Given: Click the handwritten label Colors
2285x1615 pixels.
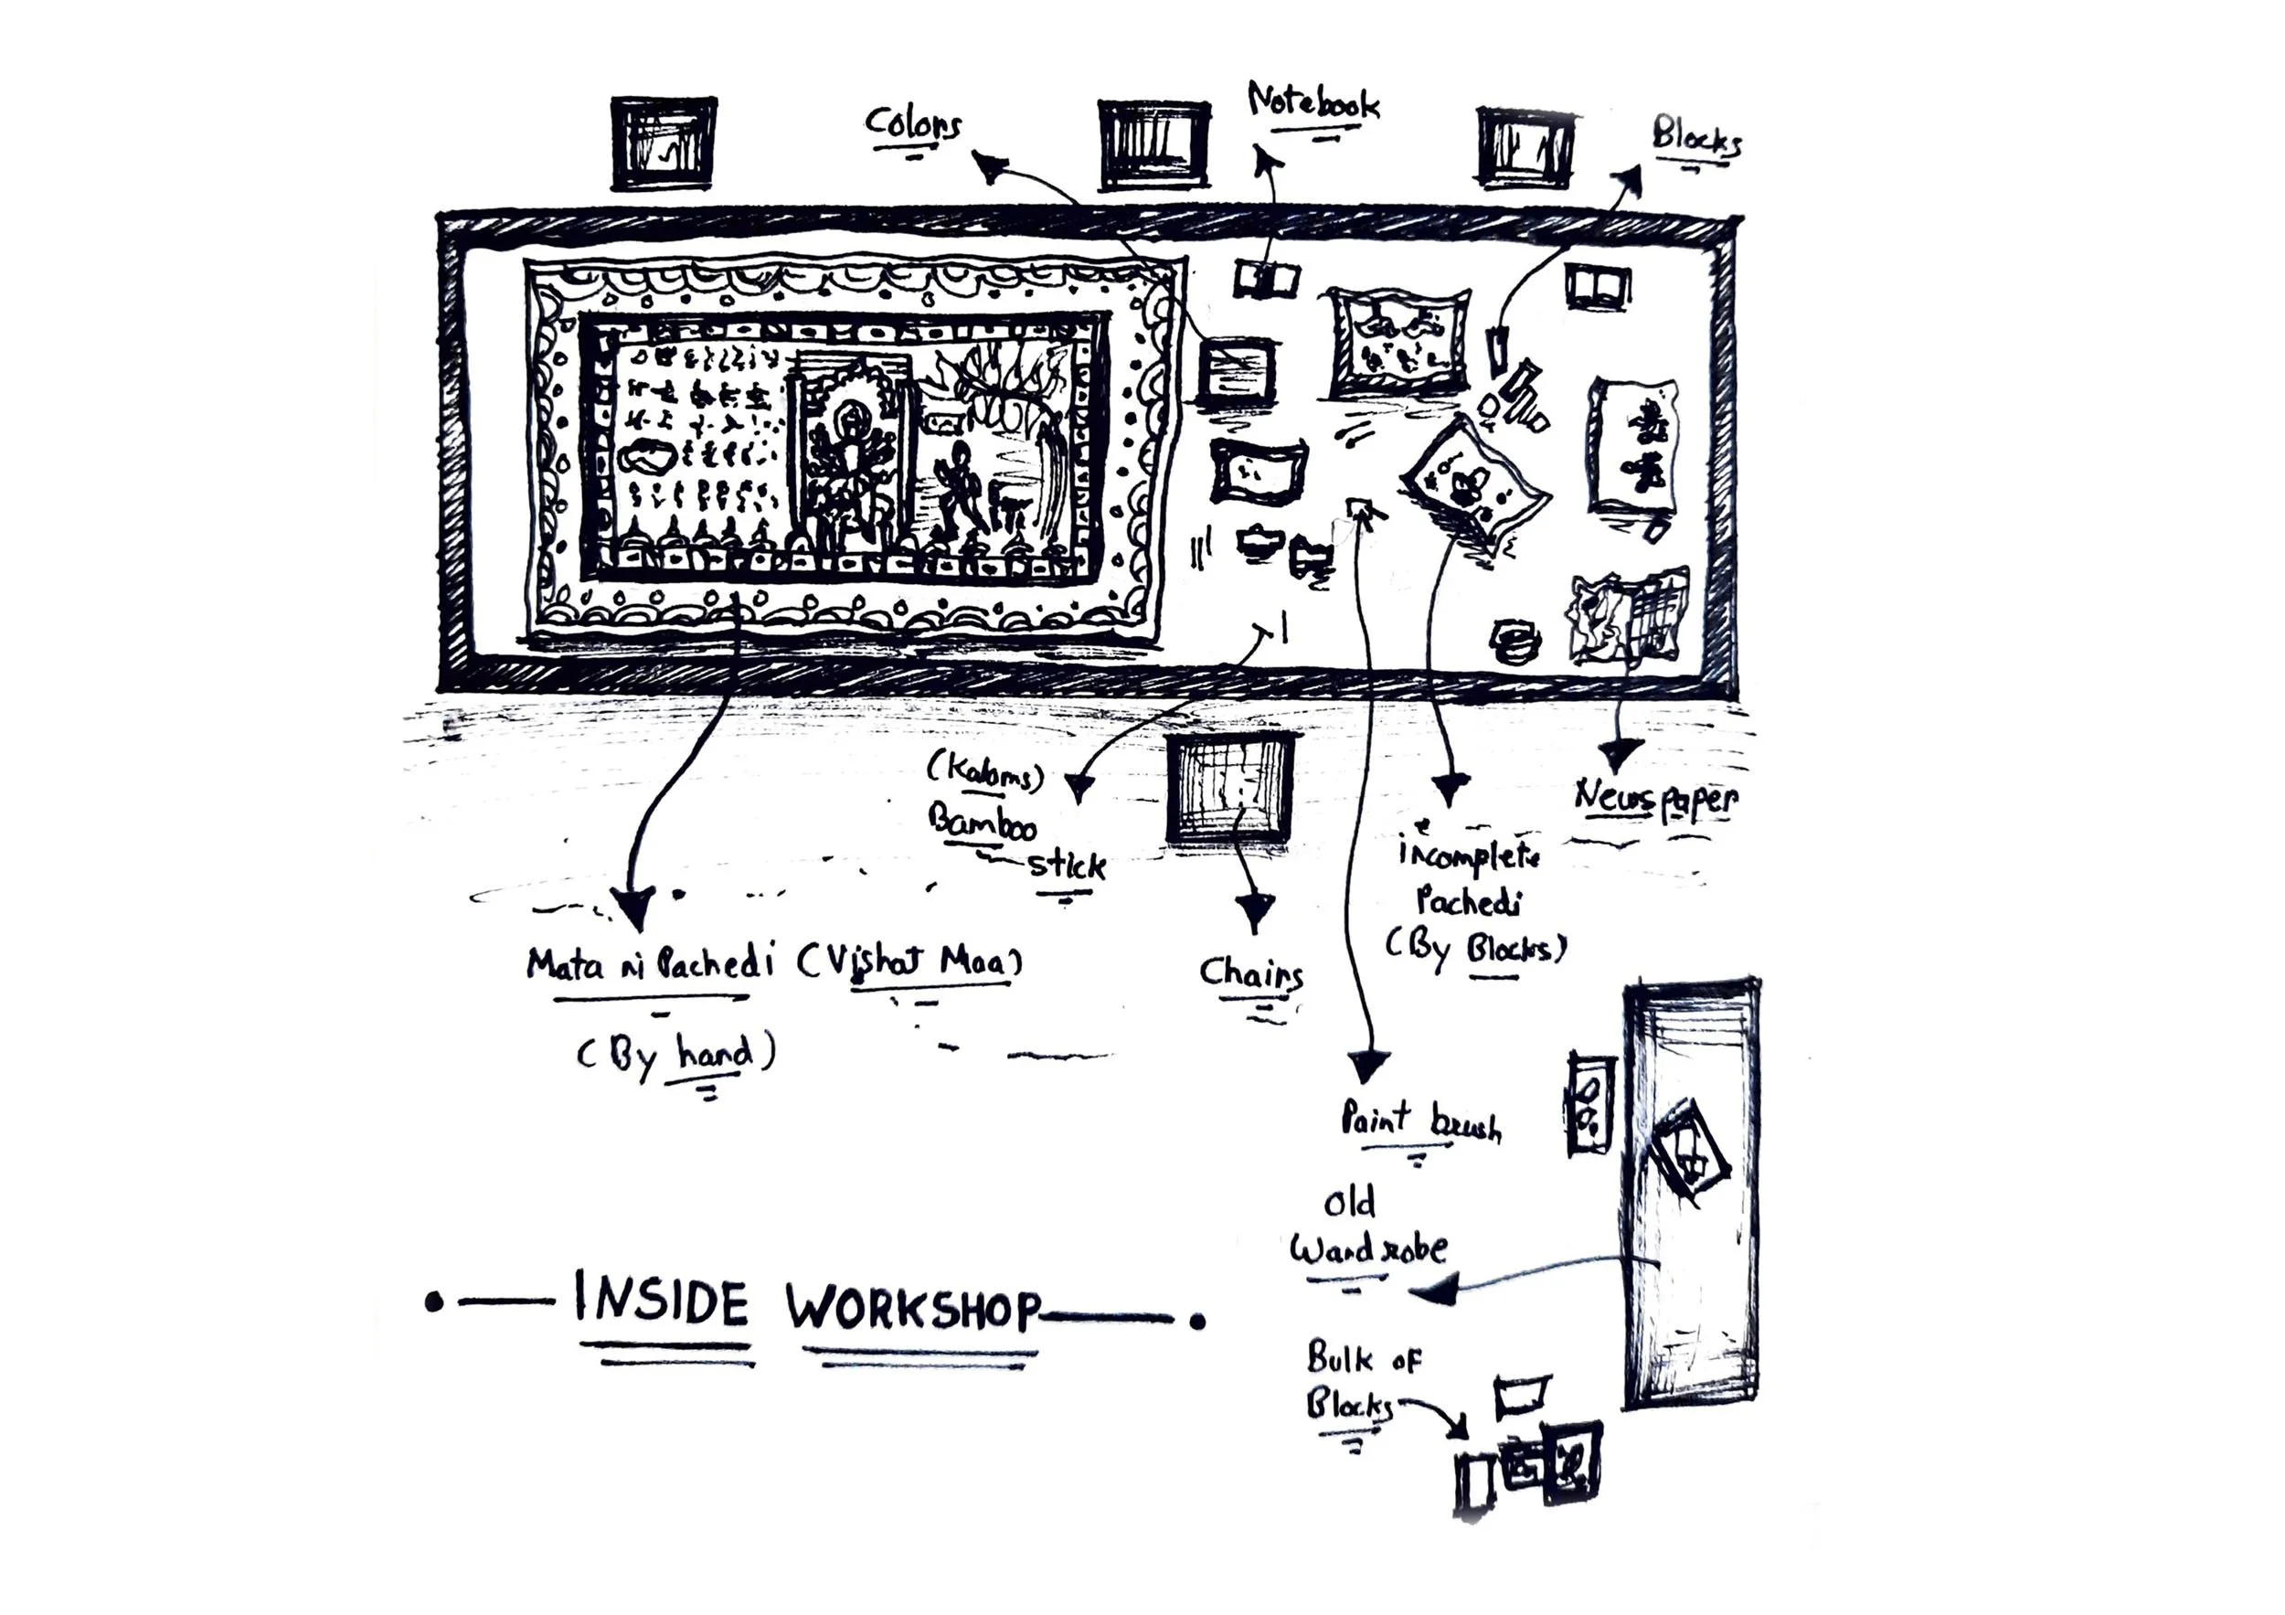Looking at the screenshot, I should (912, 124).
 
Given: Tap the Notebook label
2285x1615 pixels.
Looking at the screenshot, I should (1313, 103).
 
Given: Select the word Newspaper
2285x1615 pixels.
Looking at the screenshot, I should (1655, 798).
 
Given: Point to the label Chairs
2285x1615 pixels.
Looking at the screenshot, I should (1250, 973).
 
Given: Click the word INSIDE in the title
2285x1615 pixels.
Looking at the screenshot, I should (661, 1302).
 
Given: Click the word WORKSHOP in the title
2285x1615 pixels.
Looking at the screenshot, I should (912, 1308).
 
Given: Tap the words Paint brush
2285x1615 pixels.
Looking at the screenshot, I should (1419, 1121).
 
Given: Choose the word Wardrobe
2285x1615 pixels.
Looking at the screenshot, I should (1368, 1248).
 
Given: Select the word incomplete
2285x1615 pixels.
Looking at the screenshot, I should (1469, 854).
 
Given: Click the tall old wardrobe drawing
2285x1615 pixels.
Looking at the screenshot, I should (1691, 1194).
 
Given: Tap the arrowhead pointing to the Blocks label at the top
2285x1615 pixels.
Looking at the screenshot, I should (1628, 178).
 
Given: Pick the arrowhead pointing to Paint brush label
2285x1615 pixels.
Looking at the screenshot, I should (1368, 1066).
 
